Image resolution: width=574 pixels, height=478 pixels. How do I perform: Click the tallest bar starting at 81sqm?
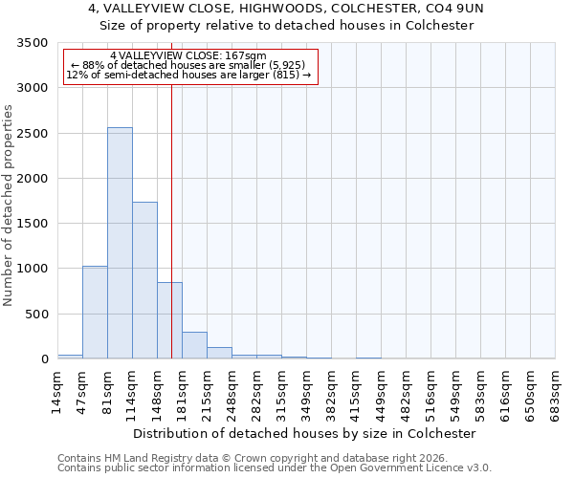click(x=120, y=243)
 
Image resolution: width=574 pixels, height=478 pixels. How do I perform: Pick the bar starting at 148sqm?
click(x=169, y=320)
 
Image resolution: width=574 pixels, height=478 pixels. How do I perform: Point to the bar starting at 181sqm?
click(x=194, y=345)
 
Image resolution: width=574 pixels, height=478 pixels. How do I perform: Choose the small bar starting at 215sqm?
click(x=219, y=353)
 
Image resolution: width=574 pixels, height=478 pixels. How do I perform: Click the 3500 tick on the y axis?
click(x=33, y=43)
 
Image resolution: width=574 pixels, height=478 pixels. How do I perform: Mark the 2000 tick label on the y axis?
click(x=33, y=179)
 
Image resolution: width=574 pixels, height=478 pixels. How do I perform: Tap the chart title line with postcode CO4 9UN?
click(x=286, y=9)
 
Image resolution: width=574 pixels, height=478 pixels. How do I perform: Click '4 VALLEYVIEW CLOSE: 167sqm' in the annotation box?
click(x=188, y=56)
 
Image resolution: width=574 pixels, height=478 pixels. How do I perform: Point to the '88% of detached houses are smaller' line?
click(x=188, y=65)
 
